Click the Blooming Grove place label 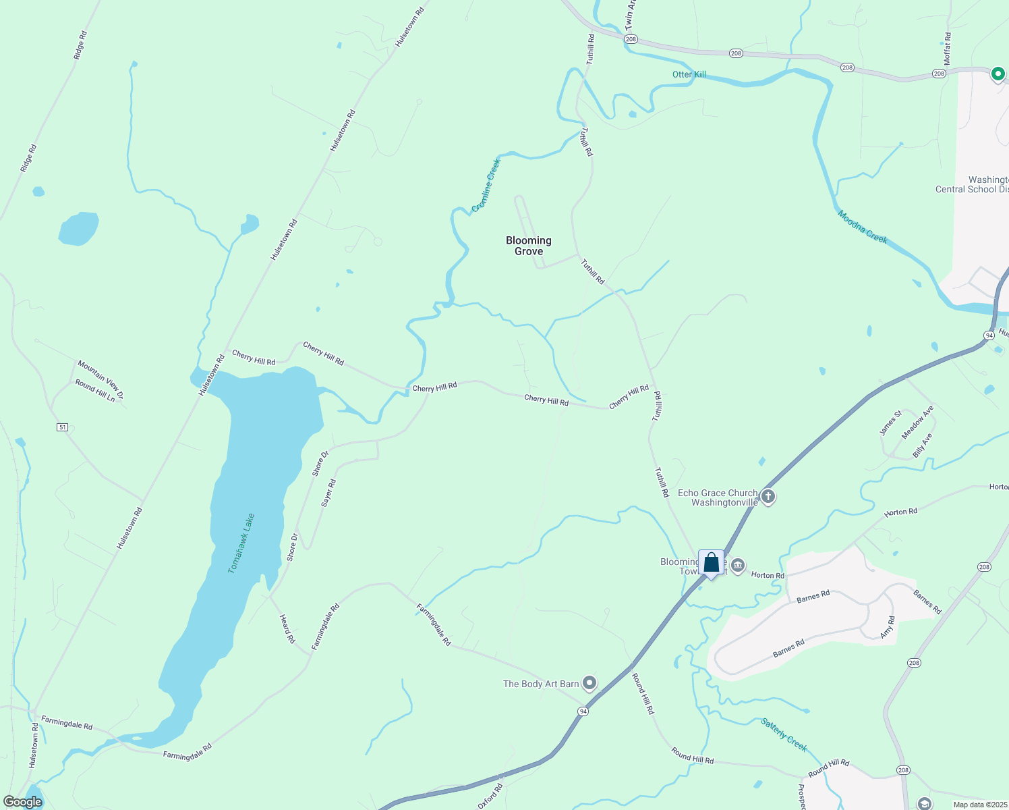pyautogui.click(x=529, y=246)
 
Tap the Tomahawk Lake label pyautogui.click(x=241, y=543)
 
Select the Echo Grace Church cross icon pyautogui.click(x=768, y=497)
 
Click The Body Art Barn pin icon pyautogui.click(x=589, y=684)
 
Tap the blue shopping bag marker pyautogui.click(x=711, y=563)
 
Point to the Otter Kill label pyautogui.click(x=689, y=74)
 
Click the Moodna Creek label pyautogui.click(x=863, y=227)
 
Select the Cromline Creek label pyautogui.click(x=486, y=185)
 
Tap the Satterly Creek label pyautogui.click(x=784, y=734)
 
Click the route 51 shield pyautogui.click(x=63, y=427)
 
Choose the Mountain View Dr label pyautogui.click(x=100, y=379)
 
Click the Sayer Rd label pyautogui.click(x=328, y=493)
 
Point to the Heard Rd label pyautogui.click(x=287, y=628)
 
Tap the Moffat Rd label pyautogui.click(x=947, y=49)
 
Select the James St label pyautogui.click(x=890, y=423)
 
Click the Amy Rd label pyautogui.click(x=888, y=627)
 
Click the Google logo pyautogui.click(x=22, y=802)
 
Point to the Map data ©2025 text pyautogui.click(x=979, y=805)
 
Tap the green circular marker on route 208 pyautogui.click(x=998, y=74)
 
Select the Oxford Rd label pyautogui.click(x=490, y=796)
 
